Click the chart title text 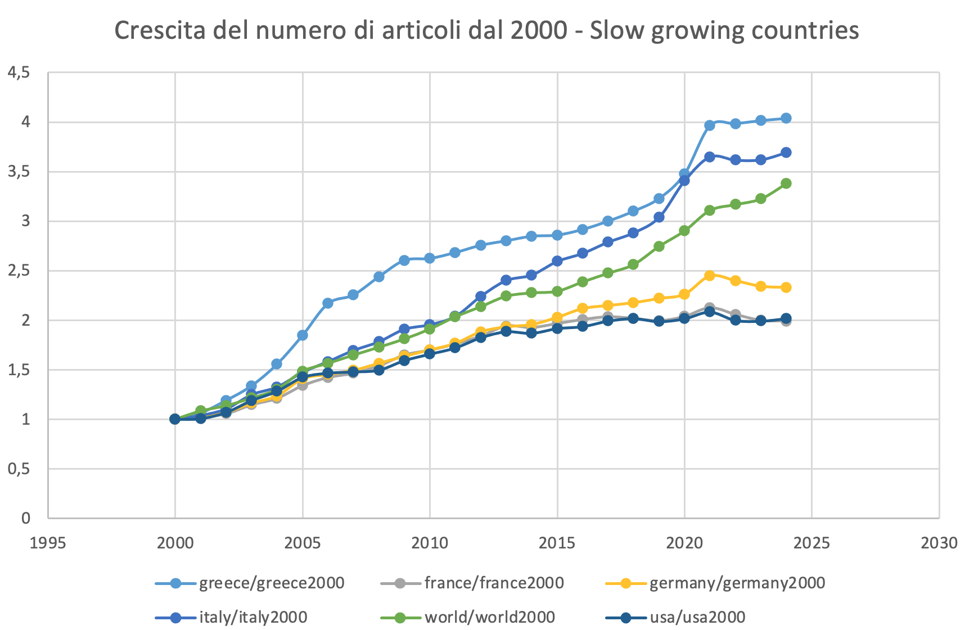[x=486, y=30]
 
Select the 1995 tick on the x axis [x=48, y=543]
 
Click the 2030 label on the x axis [x=939, y=543]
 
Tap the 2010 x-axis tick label [x=430, y=543]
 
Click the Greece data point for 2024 [x=786, y=118]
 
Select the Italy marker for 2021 [x=710, y=157]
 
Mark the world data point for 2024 [x=786, y=183]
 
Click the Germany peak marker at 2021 [x=710, y=276]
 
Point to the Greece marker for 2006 [x=328, y=303]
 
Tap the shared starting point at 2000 [x=175, y=419]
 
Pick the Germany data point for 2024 [x=786, y=287]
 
